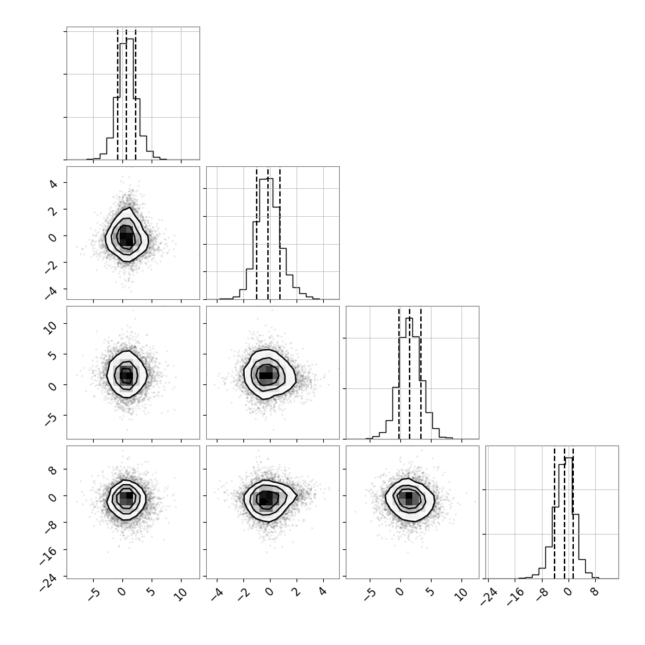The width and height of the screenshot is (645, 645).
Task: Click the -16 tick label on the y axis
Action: coord(49,555)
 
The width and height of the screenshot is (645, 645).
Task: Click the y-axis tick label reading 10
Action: coord(50,327)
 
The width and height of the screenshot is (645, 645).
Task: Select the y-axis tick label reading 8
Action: coord(53,470)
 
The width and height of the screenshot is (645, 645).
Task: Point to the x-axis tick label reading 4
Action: coord(322,592)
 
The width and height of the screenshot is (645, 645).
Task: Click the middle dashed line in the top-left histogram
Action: coord(126,94)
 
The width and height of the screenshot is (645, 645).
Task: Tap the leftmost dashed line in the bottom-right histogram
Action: coord(554,513)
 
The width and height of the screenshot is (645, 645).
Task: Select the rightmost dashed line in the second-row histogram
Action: coord(280,233)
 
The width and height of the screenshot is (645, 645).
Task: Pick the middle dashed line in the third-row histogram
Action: coord(410,374)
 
